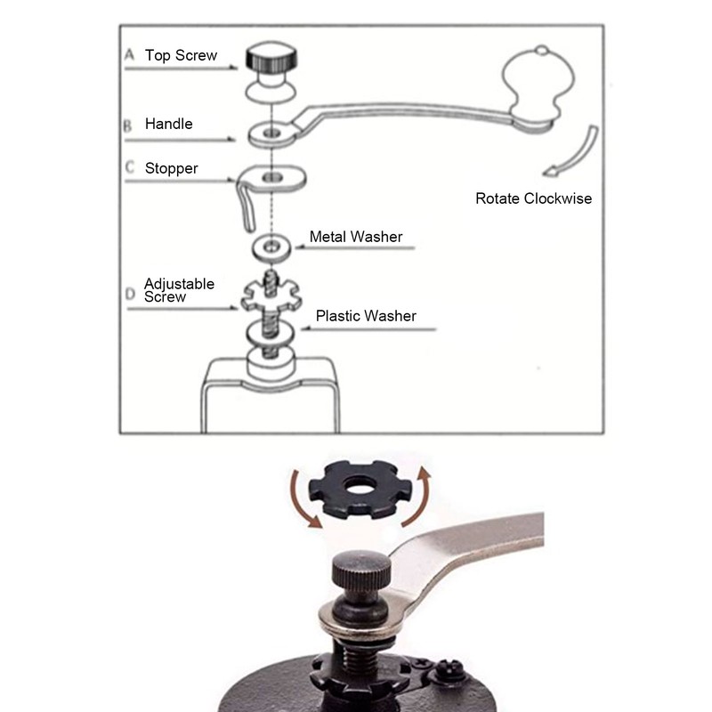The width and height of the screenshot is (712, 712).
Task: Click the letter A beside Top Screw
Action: click(128, 55)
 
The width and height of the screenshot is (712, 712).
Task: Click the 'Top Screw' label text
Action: click(181, 55)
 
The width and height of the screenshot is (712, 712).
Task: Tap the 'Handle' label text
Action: click(169, 124)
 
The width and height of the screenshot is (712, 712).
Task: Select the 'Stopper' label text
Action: click(172, 167)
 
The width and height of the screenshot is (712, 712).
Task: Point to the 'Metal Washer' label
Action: click(356, 237)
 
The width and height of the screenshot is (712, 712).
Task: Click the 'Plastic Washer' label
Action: click(366, 315)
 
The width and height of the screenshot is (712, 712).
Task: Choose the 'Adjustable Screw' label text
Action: click(179, 290)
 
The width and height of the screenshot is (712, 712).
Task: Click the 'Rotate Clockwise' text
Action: click(533, 198)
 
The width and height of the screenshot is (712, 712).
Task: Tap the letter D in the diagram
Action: click(129, 293)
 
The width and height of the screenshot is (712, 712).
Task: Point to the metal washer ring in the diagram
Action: click(268, 245)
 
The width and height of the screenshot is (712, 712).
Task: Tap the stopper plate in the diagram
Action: click(276, 179)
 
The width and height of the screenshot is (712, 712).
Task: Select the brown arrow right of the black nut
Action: click(426, 487)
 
